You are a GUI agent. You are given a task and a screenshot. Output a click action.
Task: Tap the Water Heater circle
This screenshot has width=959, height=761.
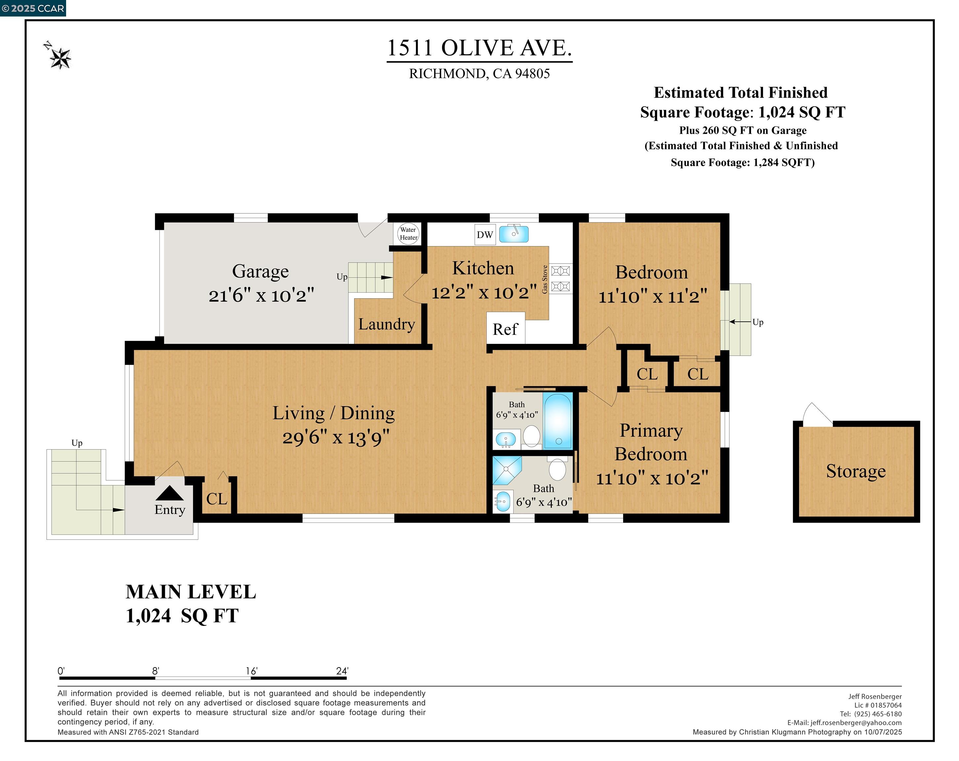click(x=408, y=234)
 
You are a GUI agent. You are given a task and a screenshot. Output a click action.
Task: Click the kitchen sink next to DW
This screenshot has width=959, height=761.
click(x=514, y=234)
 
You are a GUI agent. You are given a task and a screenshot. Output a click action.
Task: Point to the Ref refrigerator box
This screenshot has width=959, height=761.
click(x=505, y=329)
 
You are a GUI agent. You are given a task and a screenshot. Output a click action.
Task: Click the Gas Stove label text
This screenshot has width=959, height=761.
click(x=544, y=279)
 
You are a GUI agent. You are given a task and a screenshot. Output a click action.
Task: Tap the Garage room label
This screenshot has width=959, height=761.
click(x=260, y=271)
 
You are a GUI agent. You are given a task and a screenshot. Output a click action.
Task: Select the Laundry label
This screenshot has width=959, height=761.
click(x=386, y=324)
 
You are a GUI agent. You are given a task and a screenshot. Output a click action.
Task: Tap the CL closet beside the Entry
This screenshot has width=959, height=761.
click(x=217, y=499)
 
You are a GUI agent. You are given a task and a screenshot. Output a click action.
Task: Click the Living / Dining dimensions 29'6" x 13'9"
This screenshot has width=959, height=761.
click(x=336, y=438)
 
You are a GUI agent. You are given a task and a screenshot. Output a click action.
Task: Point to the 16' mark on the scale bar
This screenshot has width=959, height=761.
click(x=251, y=671)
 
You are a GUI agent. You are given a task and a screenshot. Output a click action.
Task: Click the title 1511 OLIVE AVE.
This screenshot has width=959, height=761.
click(x=479, y=48)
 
